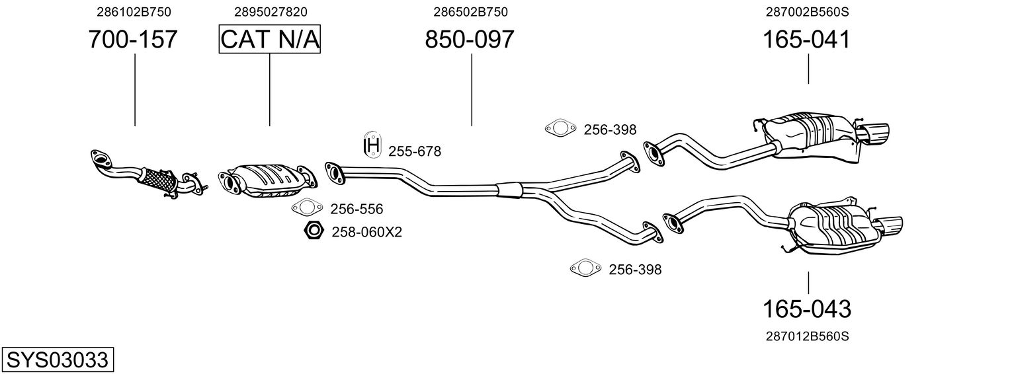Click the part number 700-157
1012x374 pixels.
point(133,40)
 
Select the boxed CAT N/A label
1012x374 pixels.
point(270,40)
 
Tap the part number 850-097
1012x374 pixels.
point(470,40)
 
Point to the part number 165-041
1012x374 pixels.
point(806,40)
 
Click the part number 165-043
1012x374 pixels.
point(807,309)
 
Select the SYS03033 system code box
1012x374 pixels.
point(57,360)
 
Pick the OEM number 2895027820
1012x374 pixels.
point(270,12)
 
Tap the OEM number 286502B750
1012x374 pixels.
point(470,12)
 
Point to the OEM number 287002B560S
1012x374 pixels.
point(806,12)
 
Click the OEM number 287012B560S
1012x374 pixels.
point(807,336)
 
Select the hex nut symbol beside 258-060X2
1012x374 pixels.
point(313,231)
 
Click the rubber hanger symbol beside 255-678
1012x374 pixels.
point(372,145)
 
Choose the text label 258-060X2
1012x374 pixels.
point(366,232)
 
